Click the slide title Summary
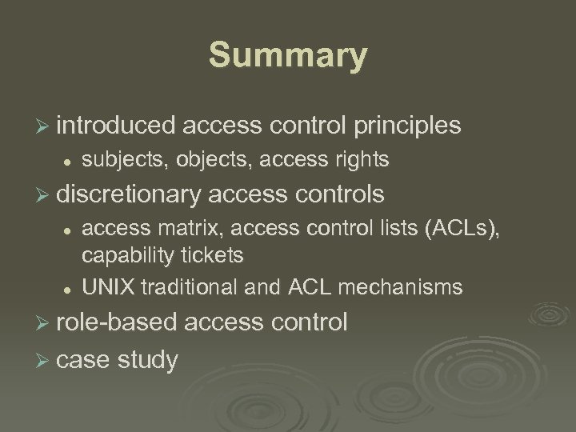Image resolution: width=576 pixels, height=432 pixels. (288, 57)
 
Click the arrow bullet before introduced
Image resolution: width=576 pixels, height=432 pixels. (46, 126)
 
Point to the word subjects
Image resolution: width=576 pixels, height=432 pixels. (117, 161)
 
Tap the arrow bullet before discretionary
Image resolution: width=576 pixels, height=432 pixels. (46, 194)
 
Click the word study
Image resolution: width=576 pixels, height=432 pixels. (148, 360)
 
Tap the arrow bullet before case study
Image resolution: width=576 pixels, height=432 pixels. (46, 360)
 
